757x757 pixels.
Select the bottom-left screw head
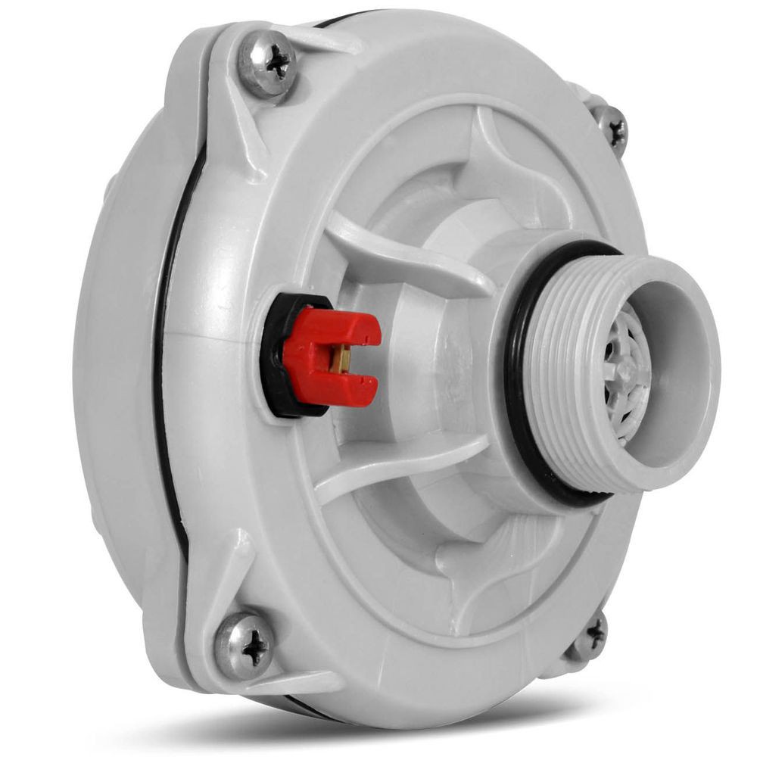pyautogui.click(x=244, y=645)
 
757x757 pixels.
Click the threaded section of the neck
pyautogui.click(x=560, y=371)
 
